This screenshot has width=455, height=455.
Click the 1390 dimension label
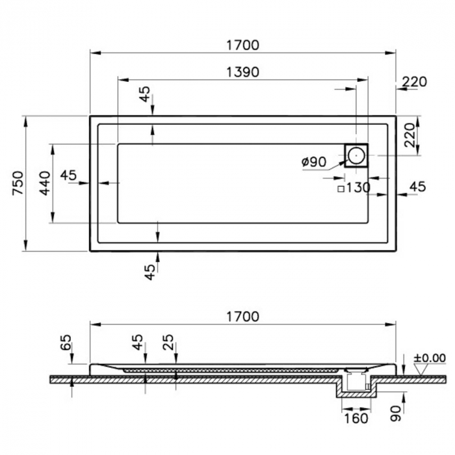tap(242, 72)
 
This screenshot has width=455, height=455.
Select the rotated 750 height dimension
tap(18, 183)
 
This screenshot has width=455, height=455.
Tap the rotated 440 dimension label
tap(45, 183)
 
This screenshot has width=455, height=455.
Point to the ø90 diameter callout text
tap(314, 162)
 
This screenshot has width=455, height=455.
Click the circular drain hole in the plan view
tap(356, 155)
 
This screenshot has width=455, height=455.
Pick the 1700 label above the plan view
tap(242, 45)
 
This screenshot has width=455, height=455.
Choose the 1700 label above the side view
tap(242, 317)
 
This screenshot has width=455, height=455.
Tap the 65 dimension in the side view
tap(66, 343)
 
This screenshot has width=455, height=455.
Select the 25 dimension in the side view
tap(168, 343)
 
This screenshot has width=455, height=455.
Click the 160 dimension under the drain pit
tap(356, 419)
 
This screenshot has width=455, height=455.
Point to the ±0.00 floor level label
tap(430, 358)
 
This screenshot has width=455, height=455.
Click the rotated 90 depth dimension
tap(395, 413)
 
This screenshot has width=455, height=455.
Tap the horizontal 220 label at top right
tap(415, 82)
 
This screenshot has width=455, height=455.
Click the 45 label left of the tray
tap(68, 175)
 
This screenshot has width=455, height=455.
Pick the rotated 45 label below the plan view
tap(149, 272)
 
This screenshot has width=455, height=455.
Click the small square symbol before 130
tap(341, 189)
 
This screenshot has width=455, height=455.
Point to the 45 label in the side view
tap(138, 343)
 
